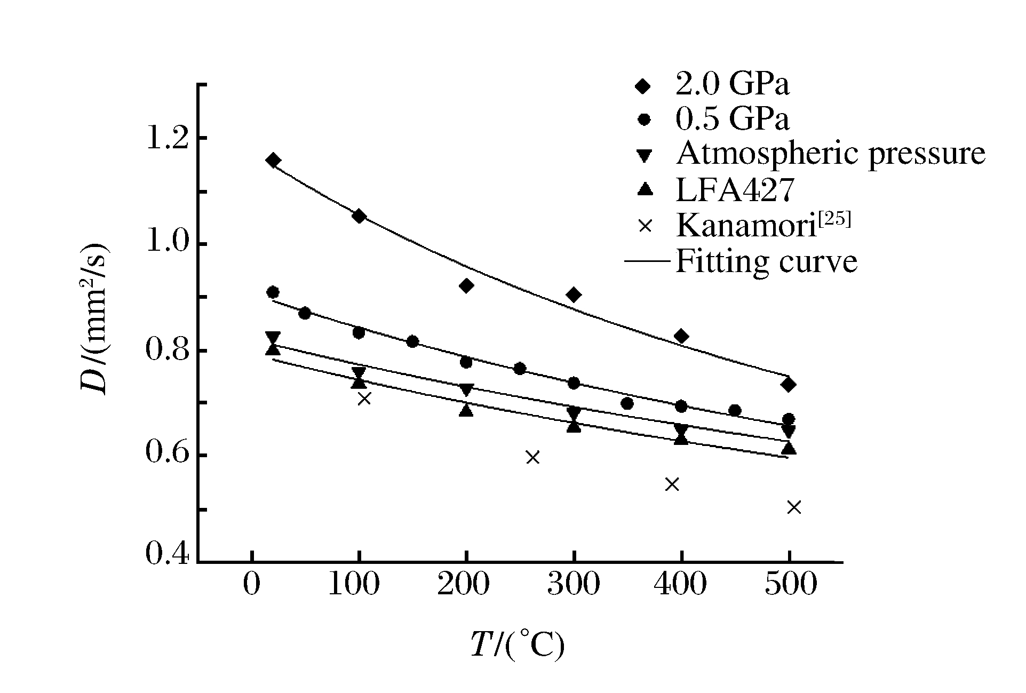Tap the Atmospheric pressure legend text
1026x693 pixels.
click(830, 154)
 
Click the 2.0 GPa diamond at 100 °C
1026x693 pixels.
click(359, 216)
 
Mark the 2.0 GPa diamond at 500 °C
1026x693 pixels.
click(789, 384)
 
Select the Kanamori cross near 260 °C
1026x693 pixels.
click(532, 457)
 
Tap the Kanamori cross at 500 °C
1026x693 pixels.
click(794, 507)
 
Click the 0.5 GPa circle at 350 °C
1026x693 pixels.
click(627, 403)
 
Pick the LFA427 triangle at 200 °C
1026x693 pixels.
click(466, 410)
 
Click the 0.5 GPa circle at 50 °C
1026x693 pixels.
click(305, 313)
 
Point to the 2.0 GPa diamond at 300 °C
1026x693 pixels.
click(574, 294)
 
